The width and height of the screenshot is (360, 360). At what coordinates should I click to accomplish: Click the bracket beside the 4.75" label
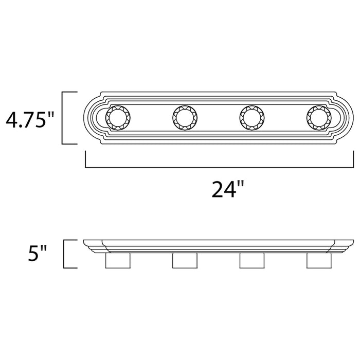(x=63, y=118)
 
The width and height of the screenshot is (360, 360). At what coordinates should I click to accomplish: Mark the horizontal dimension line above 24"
(x=220, y=168)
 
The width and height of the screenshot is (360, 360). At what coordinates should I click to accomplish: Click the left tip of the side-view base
(x=84, y=241)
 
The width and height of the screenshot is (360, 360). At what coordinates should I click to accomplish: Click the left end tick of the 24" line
(x=85, y=160)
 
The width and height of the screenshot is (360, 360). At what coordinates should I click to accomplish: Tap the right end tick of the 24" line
(x=354, y=160)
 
